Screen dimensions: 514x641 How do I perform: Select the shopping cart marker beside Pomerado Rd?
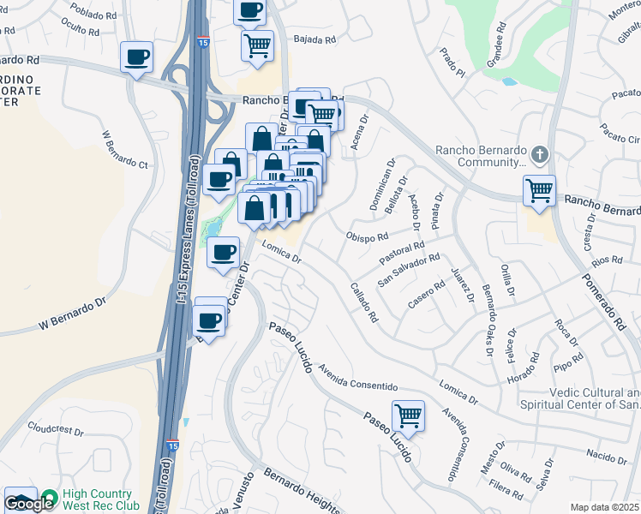[539, 189]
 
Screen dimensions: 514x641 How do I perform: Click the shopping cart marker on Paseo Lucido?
[409, 415]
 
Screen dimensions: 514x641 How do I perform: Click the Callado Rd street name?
[364, 302]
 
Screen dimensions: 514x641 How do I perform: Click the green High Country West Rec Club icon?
[49, 498]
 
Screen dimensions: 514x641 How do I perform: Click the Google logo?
[27, 504]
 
